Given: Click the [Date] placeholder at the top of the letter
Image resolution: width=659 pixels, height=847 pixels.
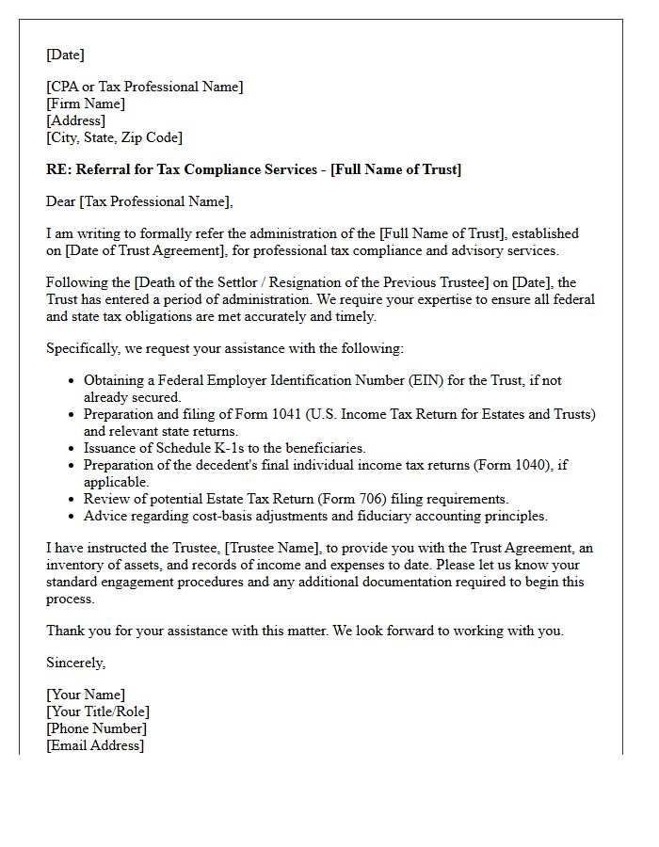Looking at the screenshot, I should pyautogui.click(x=65, y=55).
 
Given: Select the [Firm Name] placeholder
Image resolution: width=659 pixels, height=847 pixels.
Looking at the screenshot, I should pyautogui.click(x=86, y=104).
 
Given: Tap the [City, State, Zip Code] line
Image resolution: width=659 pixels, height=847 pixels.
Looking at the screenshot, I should pyautogui.click(x=114, y=137).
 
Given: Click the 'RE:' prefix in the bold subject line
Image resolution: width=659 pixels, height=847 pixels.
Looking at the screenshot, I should pyautogui.click(x=58, y=169).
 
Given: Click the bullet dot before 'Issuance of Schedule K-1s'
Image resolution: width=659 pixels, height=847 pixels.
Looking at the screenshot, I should pyautogui.click(x=72, y=449).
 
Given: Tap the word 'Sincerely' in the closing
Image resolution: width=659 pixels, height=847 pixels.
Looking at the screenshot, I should pyautogui.click(x=75, y=663).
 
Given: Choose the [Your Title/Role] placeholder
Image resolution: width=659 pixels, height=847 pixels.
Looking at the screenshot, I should pyautogui.click(x=98, y=711).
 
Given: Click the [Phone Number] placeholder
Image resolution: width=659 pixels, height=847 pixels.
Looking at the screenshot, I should pyautogui.click(x=96, y=728).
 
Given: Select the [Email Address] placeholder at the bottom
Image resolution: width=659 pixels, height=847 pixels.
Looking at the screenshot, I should pyautogui.click(x=95, y=745).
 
